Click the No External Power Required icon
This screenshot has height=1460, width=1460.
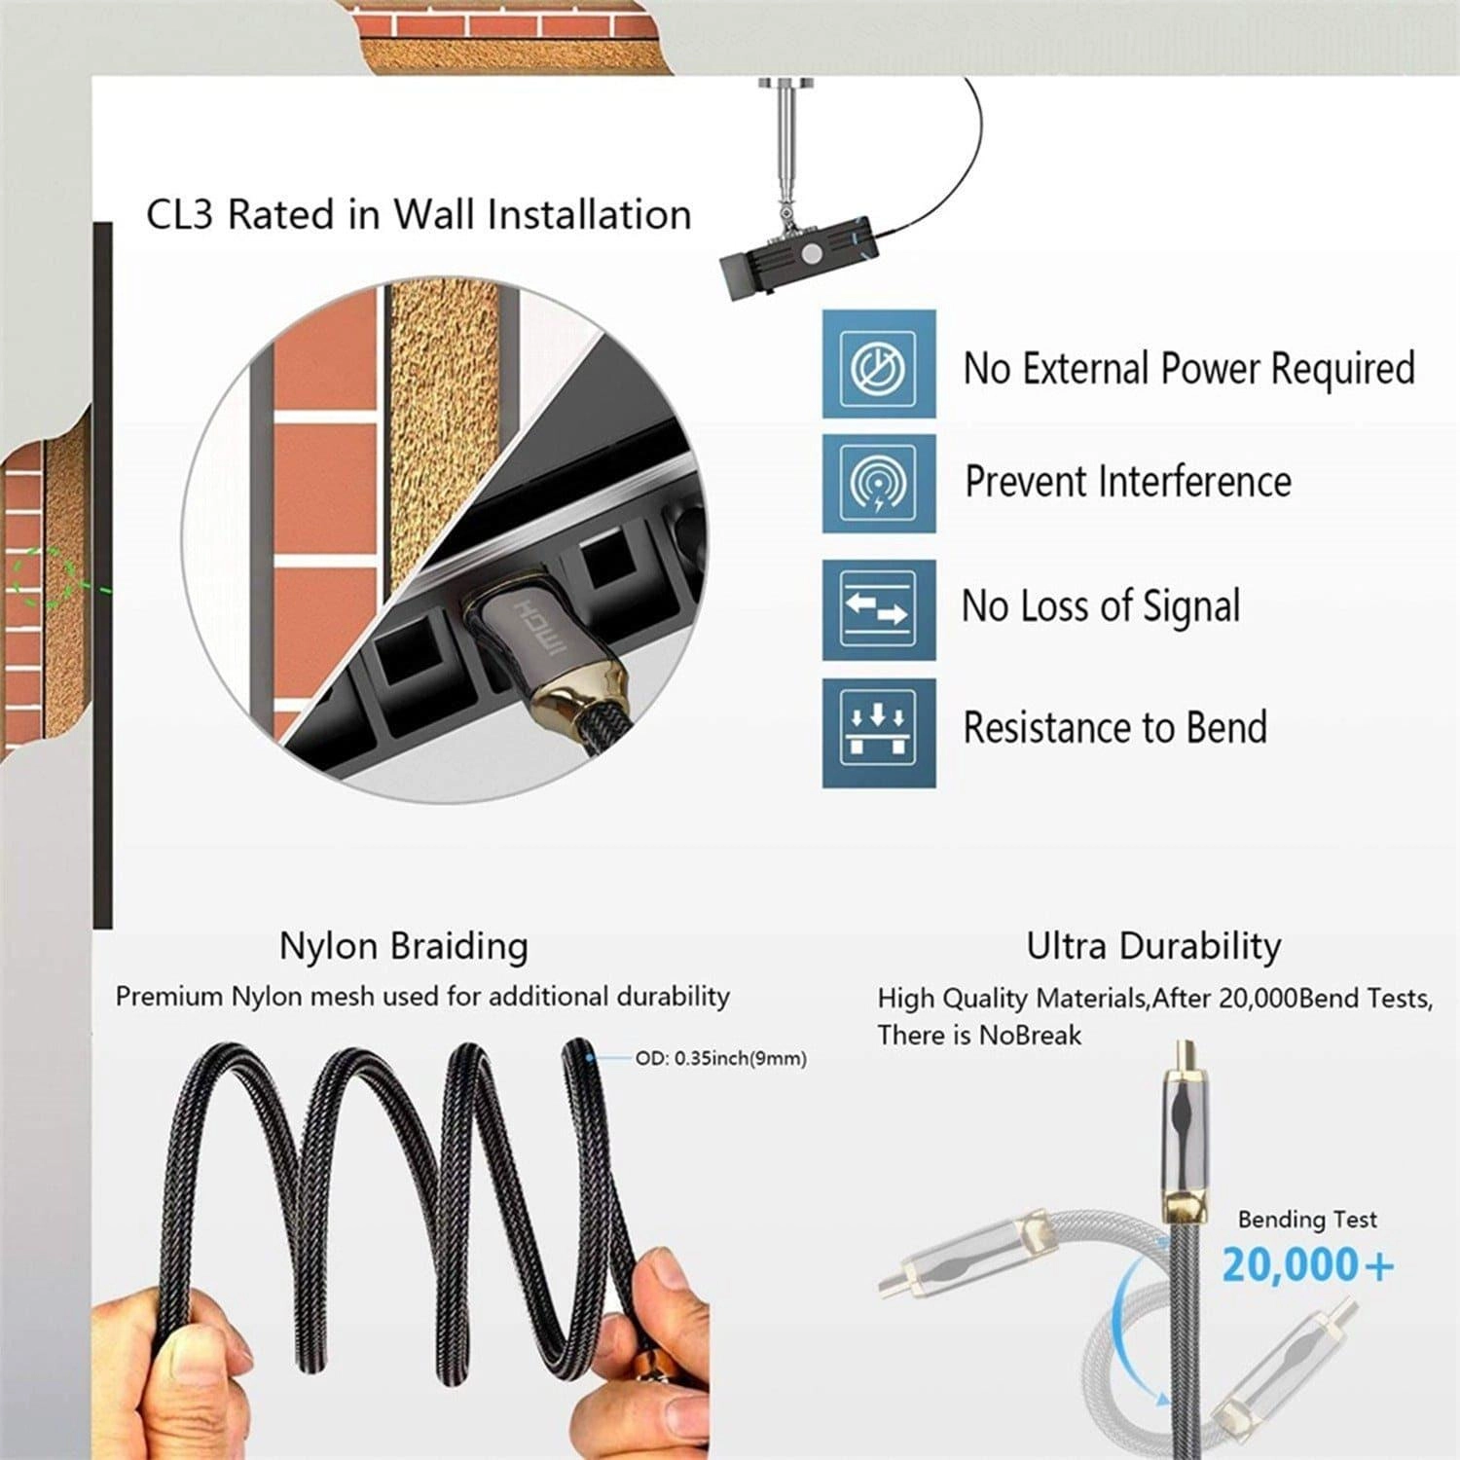click(x=878, y=364)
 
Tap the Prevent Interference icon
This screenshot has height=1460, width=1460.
click(x=878, y=484)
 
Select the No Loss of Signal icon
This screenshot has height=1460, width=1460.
click(x=878, y=609)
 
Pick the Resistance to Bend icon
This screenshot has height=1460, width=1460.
click(x=878, y=732)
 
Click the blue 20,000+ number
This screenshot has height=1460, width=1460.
click(x=1307, y=1265)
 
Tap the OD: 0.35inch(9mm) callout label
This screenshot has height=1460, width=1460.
click(x=720, y=1058)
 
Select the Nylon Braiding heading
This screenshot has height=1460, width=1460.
click(x=403, y=946)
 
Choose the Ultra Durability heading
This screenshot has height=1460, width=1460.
click(x=1153, y=946)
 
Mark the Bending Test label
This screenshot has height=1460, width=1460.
click(x=1306, y=1220)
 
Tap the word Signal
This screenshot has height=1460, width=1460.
click(x=1190, y=607)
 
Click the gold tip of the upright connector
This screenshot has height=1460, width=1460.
click(x=1180, y=1054)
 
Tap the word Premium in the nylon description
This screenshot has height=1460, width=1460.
click(x=168, y=998)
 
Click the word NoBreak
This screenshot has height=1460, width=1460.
click(x=1029, y=1035)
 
